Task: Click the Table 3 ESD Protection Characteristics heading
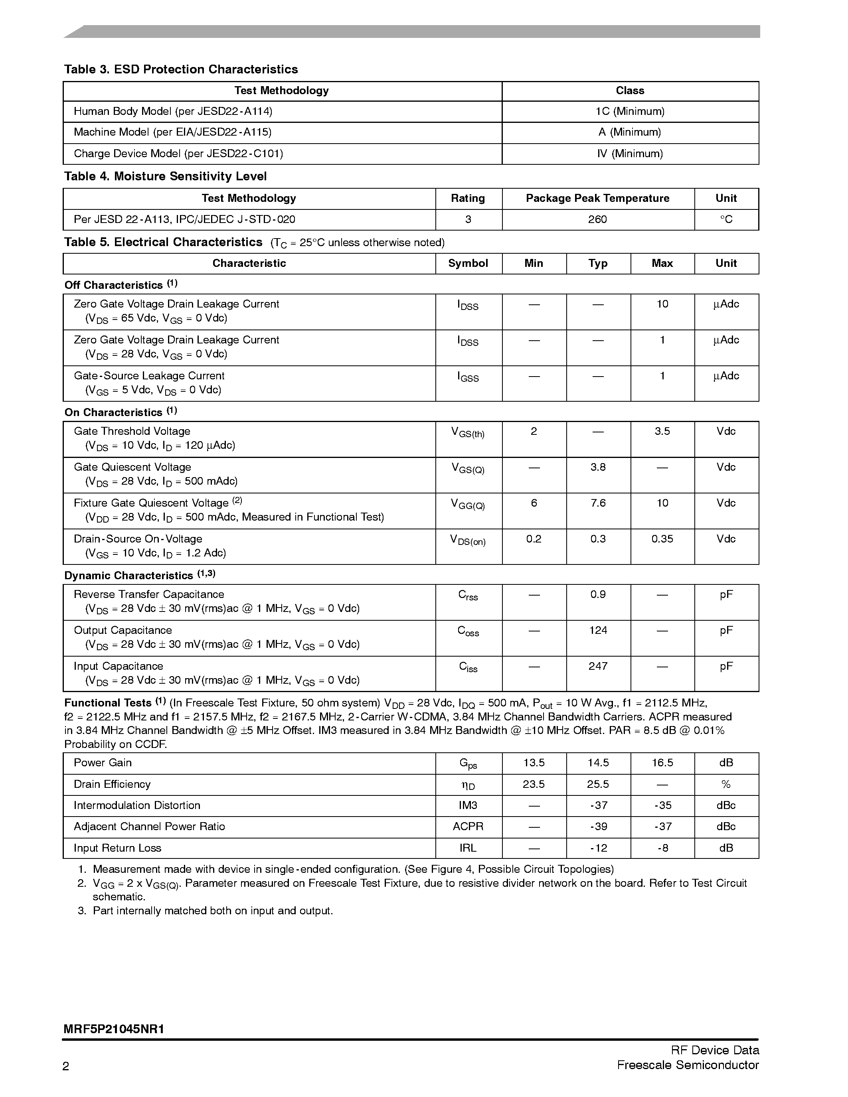[x=181, y=69]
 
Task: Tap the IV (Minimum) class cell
[x=630, y=154]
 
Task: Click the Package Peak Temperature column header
[x=597, y=198]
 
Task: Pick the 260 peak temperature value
[x=597, y=219]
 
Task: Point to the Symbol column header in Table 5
[x=468, y=263]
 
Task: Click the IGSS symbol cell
[x=468, y=377]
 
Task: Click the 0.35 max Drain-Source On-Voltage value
[x=662, y=539]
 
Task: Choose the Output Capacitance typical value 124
[x=598, y=630]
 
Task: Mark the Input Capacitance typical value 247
[x=598, y=667]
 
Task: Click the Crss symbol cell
[x=468, y=595]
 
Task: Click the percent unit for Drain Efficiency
[x=726, y=785]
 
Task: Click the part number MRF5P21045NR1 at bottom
[x=114, y=1029]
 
